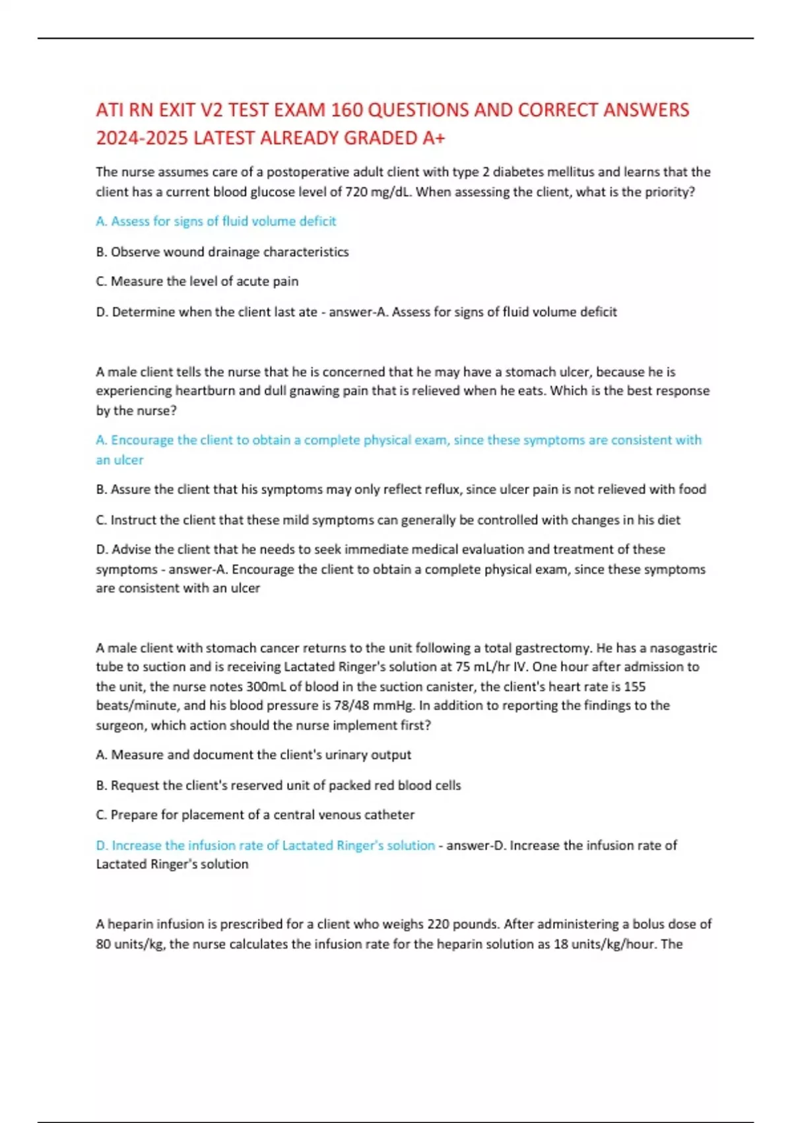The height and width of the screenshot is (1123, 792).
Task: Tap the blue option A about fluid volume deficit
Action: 216,221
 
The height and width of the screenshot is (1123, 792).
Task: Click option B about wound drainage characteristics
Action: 222,252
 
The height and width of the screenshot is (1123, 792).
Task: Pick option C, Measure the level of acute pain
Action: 197,281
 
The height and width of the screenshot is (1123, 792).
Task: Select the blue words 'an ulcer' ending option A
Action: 119,460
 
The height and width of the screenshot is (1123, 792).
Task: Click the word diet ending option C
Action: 669,520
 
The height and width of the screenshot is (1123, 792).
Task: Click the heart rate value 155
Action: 634,687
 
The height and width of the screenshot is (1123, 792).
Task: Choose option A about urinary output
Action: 253,755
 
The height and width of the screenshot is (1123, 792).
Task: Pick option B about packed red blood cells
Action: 279,785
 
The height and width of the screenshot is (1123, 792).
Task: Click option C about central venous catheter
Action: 255,815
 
